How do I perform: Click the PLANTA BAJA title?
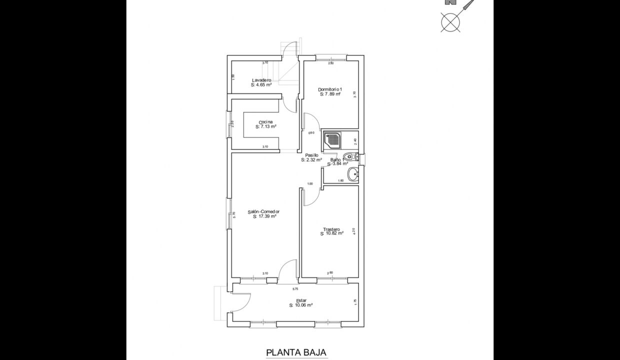point(296,352)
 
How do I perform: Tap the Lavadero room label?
point(261,80)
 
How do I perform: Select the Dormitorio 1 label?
point(329,89)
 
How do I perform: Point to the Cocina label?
point(265,122)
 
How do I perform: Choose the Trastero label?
point(331,229)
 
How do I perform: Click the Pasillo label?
point(311,155)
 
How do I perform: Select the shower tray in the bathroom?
point(332,139)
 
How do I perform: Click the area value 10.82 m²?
point(332,233)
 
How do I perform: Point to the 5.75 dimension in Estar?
point(295,289)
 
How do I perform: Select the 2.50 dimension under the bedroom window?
point(330,63)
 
